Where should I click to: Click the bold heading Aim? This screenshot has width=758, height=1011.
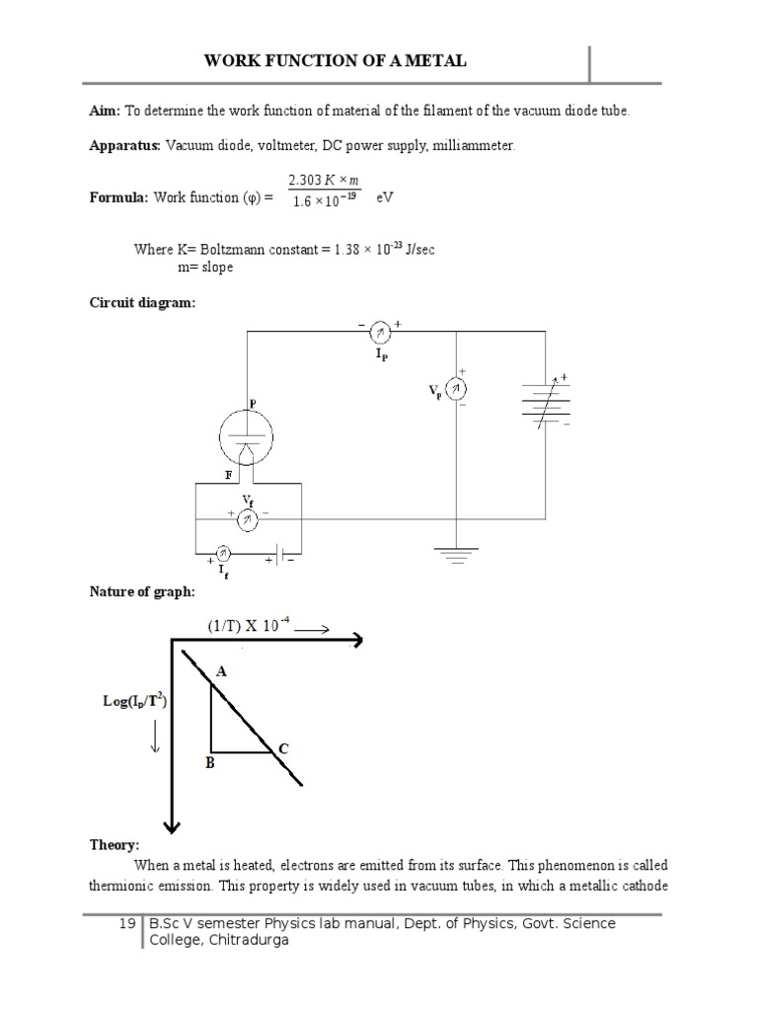click(x=106, y=112)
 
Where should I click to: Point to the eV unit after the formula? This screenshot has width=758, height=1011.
click(x=385, y=197)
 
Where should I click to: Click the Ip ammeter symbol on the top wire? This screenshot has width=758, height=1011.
click(x=380, y=334)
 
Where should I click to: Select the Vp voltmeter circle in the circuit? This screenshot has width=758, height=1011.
click(x=456, y=389)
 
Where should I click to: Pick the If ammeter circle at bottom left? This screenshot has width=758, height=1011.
click(x=223, y=552)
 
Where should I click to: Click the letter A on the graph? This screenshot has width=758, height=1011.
click(x=222, y=671)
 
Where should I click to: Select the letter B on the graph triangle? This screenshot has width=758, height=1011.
click(x=209, y=762)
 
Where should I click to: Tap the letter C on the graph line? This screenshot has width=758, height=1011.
click(x=282, y=749)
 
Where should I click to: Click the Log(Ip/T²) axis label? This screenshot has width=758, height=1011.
click(x=134, y=702)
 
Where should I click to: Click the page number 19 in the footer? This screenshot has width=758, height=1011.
click(x=126, y=924)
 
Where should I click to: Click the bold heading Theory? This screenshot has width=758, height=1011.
click(x=114, y=845)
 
